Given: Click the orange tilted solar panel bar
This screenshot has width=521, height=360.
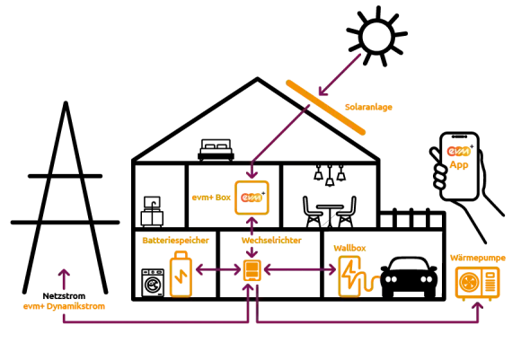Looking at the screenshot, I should [x=326, y=108].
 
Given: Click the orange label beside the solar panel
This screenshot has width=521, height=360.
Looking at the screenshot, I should [x=369, y=108].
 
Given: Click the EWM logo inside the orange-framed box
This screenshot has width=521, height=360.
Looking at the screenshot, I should [x=251, y=197].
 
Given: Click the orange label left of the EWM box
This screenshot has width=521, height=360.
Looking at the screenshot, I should [x=210, y=198].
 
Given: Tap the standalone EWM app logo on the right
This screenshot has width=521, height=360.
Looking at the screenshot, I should [x=459, y=153].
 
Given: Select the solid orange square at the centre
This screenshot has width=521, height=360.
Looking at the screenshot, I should [x=252, y=269].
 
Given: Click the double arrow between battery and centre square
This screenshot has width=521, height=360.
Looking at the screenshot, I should [x=216, y=268].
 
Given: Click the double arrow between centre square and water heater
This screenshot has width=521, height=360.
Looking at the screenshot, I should [x=300, y=268].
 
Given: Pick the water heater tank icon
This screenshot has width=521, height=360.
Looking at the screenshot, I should [x=349, y=273].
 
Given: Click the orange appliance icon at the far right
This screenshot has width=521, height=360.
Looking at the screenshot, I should [x=477, y=282].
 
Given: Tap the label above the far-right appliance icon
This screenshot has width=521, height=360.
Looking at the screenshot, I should [x=478, y=258].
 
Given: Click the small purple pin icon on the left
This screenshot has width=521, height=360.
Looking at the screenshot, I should [x=64, y=277].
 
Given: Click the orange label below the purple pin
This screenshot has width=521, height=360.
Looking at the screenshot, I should [x=65, y=308].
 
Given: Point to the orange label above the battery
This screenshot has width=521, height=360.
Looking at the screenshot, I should [x=176, y=241].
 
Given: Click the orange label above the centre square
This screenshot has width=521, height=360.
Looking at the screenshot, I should [x=269, y=241].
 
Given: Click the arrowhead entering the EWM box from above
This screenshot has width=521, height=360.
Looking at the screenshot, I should [x=252, y=174].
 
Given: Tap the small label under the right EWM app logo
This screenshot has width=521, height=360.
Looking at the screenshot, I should [x=459, y=167].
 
